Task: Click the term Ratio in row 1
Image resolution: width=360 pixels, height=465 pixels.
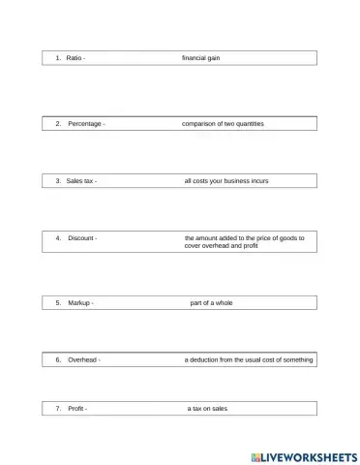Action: (x=74, y=58)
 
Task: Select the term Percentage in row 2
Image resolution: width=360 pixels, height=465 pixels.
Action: (x=84, y=124)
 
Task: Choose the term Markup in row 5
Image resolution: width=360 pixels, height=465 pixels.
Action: (x=79, y=303)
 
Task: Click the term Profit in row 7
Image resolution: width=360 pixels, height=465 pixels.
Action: (x=76, y=409)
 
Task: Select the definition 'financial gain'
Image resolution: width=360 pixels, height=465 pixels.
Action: (x=201, y=58)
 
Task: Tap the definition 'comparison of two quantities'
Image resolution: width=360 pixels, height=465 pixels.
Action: (x=223, y=124)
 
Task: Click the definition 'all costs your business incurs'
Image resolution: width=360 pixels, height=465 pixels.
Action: (x=228, y=181)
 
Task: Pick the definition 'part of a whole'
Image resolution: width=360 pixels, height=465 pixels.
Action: (x=211, y=303)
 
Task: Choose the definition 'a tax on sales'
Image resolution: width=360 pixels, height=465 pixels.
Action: (x=208, y=409)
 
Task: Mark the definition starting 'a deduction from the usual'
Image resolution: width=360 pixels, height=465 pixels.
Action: (x=249, y=359)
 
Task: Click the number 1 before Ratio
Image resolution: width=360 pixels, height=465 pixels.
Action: (x=58, y=58)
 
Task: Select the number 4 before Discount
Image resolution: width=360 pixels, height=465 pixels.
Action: (x=58, y=237)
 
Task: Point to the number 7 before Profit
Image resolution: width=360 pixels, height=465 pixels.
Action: (x=58, y=409)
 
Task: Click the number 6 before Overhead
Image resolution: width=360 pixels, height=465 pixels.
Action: (x=58, y=359)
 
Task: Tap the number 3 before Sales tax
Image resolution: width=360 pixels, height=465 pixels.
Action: (x=58, y=181)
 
